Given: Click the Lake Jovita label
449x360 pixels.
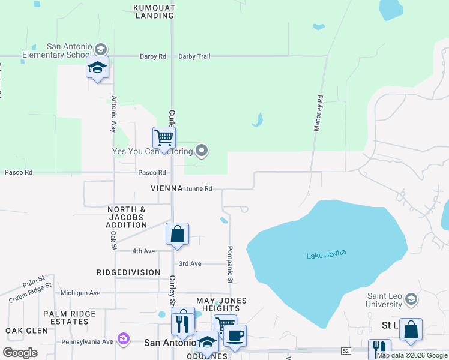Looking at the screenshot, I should (326, 254).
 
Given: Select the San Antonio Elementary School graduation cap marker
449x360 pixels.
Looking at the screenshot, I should (97, 69).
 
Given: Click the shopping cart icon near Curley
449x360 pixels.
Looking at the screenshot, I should (164, 138).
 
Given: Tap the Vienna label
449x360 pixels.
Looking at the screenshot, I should (167, 188).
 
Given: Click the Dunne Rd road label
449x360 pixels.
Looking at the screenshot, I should (198, 188).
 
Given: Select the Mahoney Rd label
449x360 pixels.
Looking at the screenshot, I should (319, 113).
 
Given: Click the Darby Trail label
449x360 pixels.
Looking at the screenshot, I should (194, 56).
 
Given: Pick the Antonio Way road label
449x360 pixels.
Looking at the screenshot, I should (113, 115).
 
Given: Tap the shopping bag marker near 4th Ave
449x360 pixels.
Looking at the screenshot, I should (178, 234).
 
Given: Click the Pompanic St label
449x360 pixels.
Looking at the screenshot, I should (229, 264).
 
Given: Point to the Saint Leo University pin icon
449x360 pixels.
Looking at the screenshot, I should (411, 299).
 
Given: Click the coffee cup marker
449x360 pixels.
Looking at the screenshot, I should (235, 336).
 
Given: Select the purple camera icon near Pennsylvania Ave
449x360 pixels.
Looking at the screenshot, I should (124, 339).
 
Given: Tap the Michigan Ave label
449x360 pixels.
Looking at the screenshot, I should (80, 293).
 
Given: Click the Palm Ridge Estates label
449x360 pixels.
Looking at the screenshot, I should (69, 317).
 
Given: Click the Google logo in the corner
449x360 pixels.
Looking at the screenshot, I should (20, 353).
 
